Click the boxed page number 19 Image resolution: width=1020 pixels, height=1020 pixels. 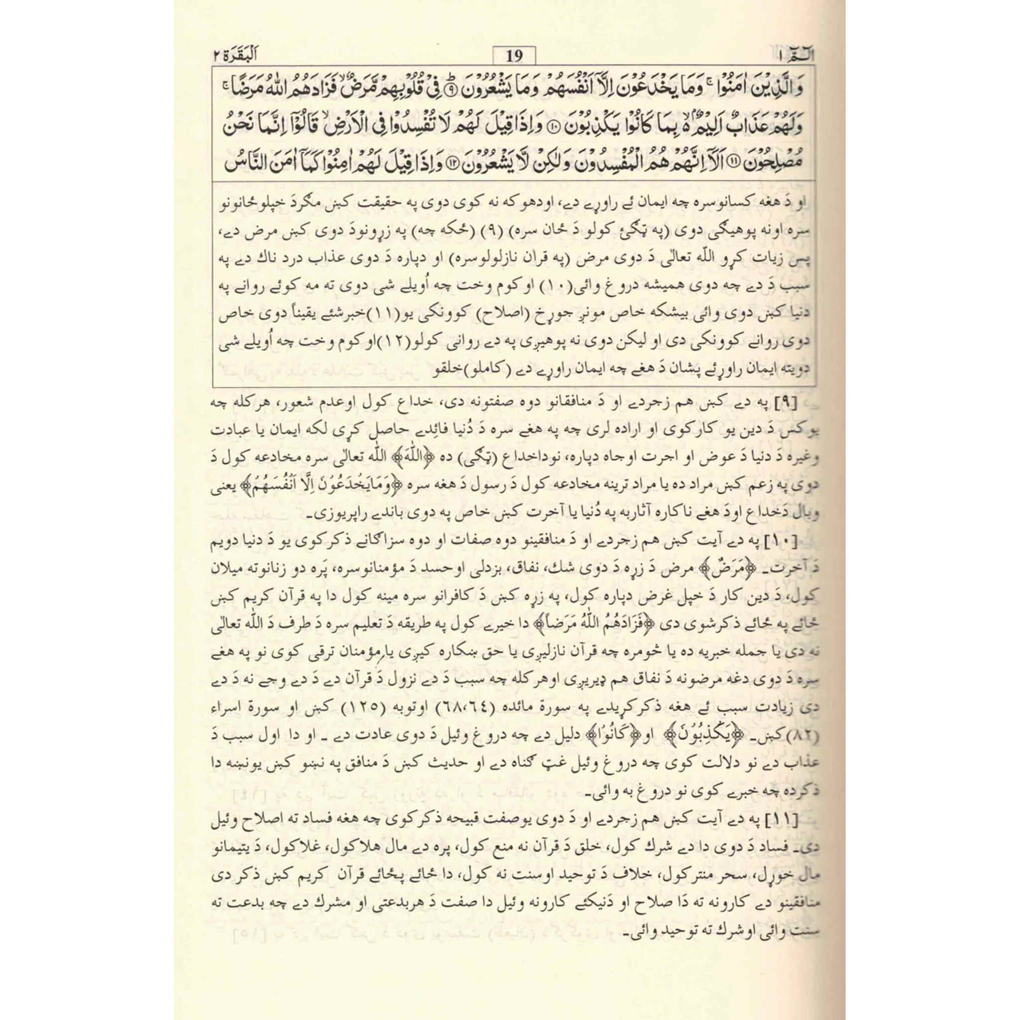pos(513,56)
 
